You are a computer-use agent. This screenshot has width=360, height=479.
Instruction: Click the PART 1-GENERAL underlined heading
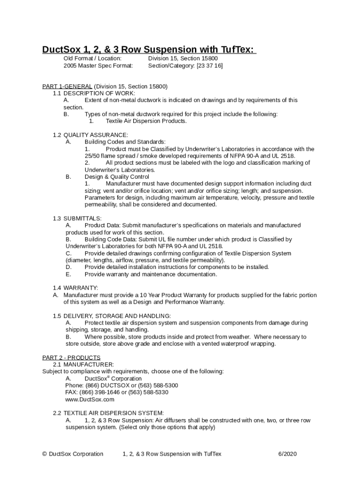click(67, 87)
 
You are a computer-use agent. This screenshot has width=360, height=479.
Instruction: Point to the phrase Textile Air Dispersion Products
click(146, 121)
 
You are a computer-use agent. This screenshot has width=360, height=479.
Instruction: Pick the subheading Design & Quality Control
click(117, 177)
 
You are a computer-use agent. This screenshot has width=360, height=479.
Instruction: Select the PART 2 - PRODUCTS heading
click(71, 358)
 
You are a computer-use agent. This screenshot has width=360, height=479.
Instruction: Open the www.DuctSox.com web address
click(90, 399)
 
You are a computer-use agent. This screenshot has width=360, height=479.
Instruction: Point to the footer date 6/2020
click(288, 454)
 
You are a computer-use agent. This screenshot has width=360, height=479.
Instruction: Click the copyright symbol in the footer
click(44, 454)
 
